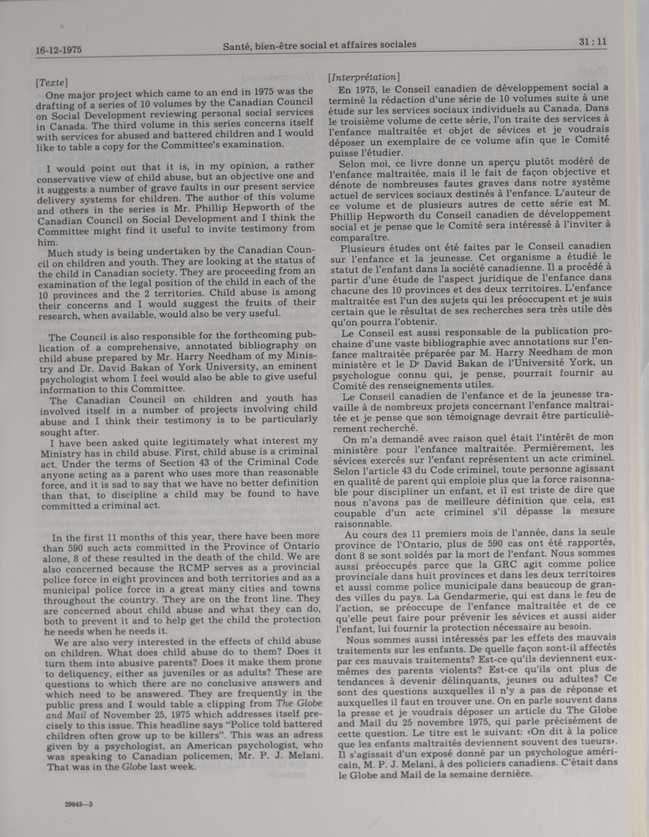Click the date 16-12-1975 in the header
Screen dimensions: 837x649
[x=59, y=50]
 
